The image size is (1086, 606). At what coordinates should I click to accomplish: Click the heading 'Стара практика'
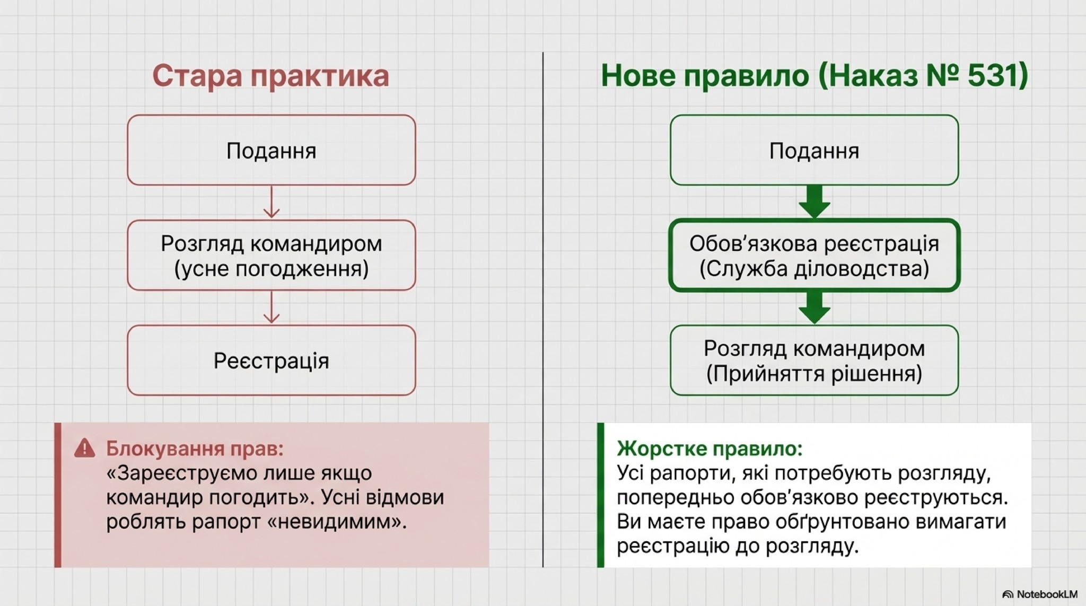[x=270, y=76]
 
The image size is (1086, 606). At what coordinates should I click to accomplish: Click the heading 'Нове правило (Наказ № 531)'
[x=813, y=76]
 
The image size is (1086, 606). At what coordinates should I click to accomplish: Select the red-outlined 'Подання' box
[x=271, y=150]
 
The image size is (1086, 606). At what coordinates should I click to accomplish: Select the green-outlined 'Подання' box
[x=814, y=150]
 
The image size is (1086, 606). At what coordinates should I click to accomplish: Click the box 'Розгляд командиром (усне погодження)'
[x=271, y=256]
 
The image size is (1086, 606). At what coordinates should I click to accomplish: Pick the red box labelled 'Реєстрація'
[x=271, y=361]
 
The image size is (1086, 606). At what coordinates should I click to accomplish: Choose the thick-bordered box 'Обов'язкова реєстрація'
[x=814, y=256]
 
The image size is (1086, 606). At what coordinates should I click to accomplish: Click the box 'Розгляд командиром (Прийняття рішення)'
[x=814, y=361]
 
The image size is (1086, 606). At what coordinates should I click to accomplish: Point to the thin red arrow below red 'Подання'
[x=271, y=202]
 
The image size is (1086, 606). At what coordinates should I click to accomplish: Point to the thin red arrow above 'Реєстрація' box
[x=271, y=308]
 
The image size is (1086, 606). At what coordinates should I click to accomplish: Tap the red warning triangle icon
[x=84, y=449]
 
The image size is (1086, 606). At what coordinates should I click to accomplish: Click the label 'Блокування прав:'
[x=195, y=449]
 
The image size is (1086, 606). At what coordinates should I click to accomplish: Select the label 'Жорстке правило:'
[x=710, y=449]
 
